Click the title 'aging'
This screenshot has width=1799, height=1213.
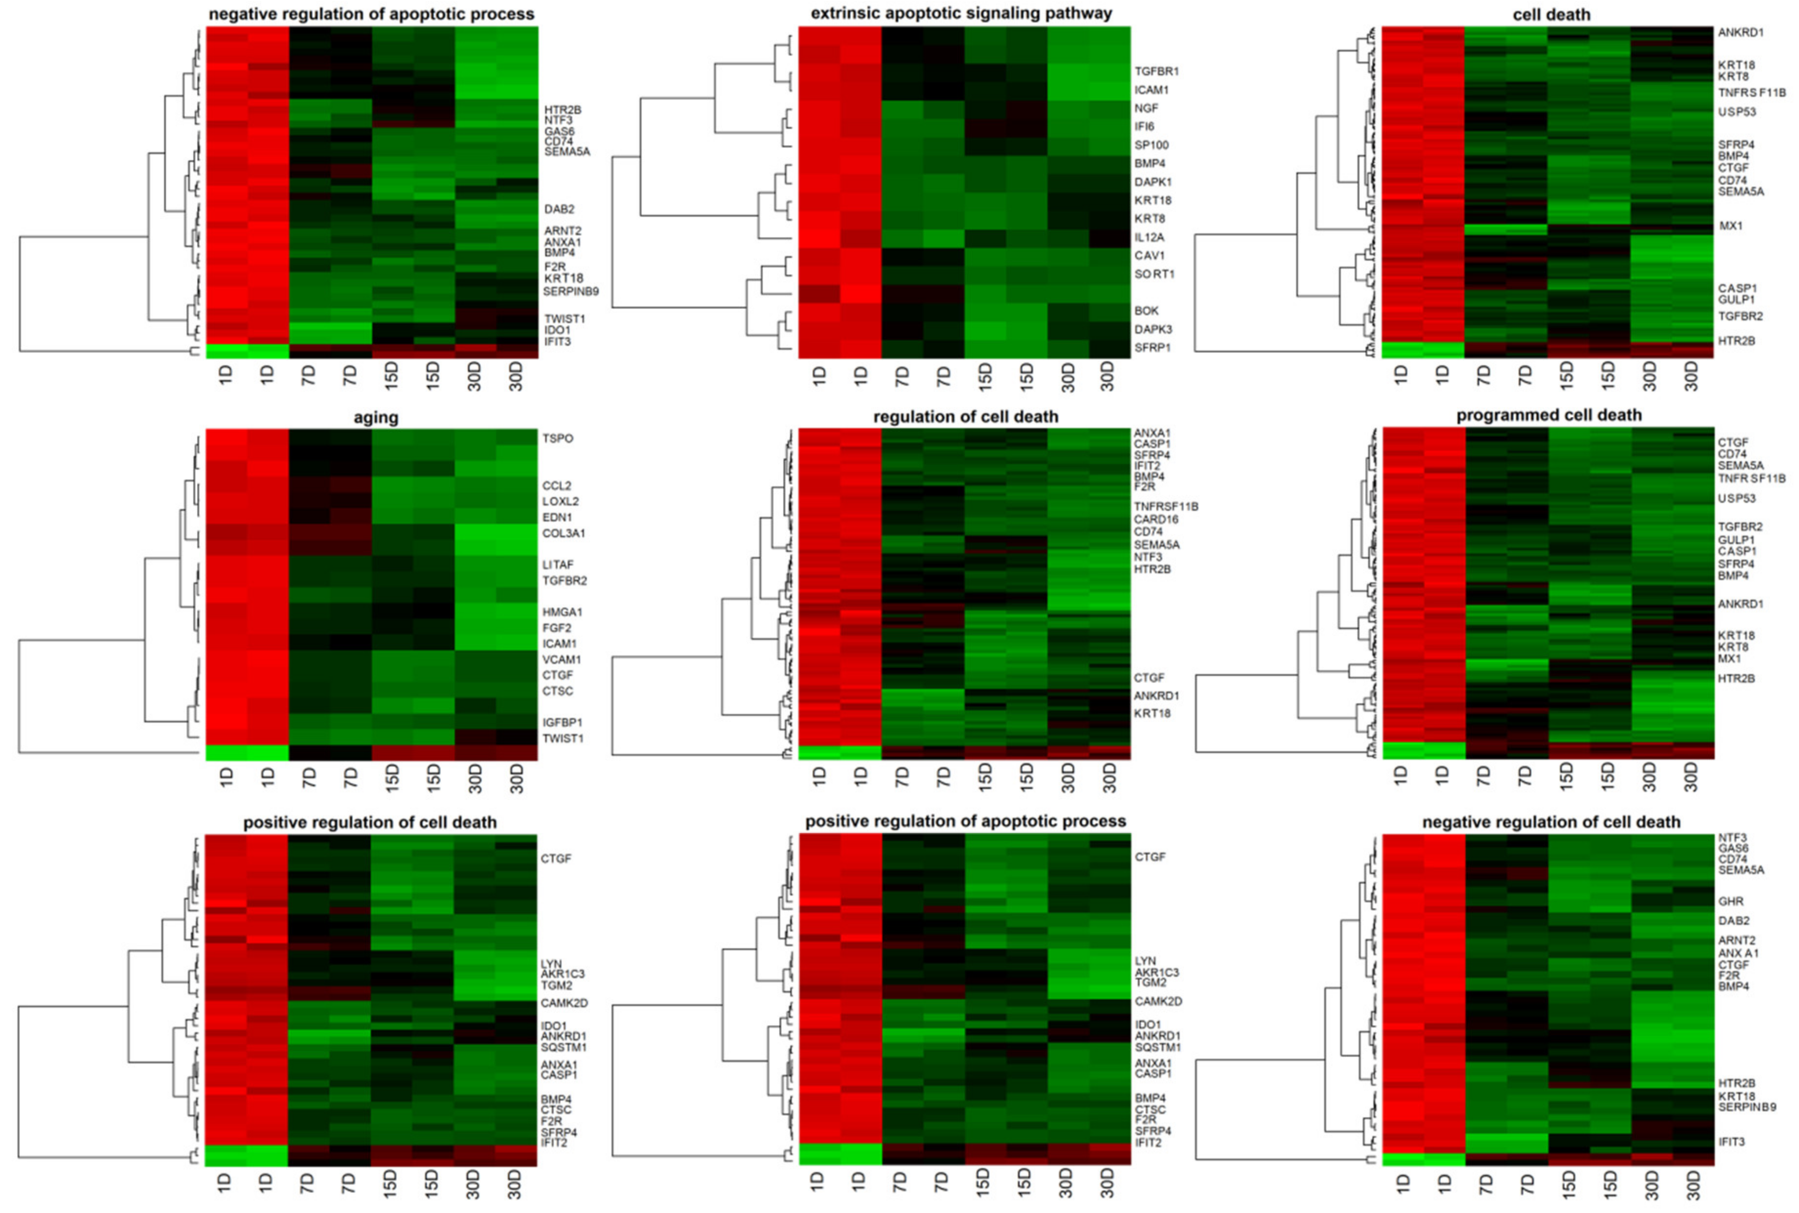pos(376,418)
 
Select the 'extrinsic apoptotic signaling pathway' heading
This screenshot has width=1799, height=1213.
pos(962,13)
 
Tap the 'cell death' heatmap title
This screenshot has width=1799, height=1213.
pos(1551,15)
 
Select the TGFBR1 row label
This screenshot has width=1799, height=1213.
pos(1156,71)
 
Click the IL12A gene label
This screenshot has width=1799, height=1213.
pos(1149,237)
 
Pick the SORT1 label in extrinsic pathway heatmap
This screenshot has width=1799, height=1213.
pos(1154,274)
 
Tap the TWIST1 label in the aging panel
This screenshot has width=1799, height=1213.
pos(562,738)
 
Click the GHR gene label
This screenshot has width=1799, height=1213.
pos(1730,901)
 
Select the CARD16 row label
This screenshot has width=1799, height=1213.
pos(1155,519)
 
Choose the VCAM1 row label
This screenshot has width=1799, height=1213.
pos(561,659)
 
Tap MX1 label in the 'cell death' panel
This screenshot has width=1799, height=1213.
pos(1730,226)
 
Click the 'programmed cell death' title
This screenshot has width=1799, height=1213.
pos(1548,416)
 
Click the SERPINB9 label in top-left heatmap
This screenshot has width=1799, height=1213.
pos(570,292)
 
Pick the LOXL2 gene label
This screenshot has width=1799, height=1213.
pos(560,502)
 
